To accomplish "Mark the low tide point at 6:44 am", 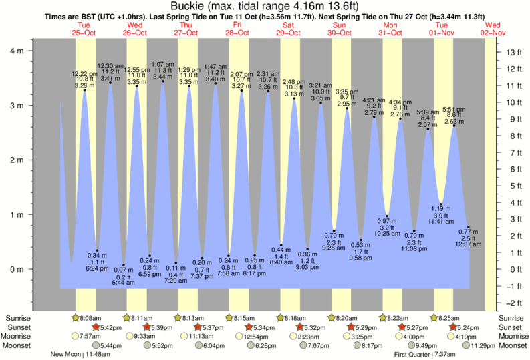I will pos(124,264).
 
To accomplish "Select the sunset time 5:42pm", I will pos(110,328).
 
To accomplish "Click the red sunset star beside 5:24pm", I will pos(454,327).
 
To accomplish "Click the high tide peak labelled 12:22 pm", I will pos(84,90).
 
